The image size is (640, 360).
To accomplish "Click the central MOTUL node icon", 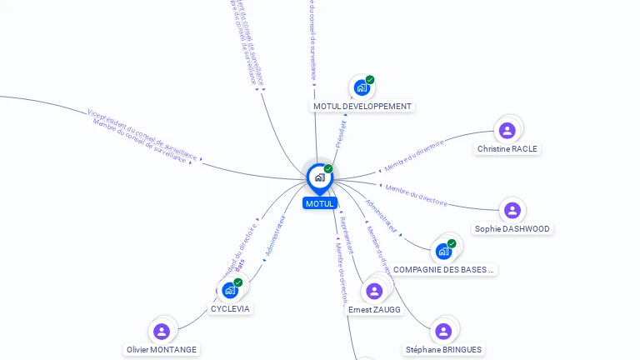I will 319,177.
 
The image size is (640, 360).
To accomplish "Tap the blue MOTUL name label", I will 319,203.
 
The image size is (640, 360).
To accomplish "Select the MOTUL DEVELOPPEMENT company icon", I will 362,87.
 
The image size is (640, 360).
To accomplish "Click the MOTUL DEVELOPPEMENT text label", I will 362,107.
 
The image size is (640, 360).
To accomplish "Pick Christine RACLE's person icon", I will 507,131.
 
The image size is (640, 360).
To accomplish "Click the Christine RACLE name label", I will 507,149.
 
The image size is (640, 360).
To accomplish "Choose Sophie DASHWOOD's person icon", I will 512,210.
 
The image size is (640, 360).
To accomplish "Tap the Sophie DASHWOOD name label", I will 512,228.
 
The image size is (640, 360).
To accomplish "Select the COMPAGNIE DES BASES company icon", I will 444,251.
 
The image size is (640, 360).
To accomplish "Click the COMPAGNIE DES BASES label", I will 444,270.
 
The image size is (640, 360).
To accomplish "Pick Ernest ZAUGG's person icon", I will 374,291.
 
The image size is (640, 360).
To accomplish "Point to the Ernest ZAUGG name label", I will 374,310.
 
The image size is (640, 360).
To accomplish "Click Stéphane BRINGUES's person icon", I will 443,331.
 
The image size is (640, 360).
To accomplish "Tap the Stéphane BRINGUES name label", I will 443,350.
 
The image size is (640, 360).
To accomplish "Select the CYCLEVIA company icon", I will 230,290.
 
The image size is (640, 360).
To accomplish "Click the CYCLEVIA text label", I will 230,308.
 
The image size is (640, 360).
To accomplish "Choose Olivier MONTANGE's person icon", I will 162,331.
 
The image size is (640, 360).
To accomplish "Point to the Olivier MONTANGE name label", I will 162,350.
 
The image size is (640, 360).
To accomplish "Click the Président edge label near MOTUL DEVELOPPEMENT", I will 340,134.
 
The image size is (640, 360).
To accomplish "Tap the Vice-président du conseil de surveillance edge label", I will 142,133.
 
